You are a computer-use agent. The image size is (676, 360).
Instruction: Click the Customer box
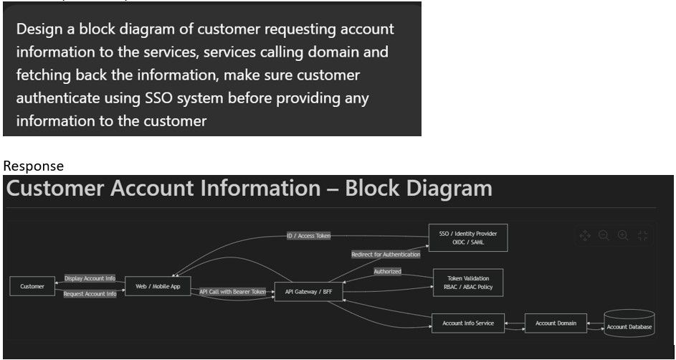pyautogui.click(x=32, y=286)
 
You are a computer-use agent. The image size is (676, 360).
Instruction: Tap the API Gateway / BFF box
pyautogui.click(x=308, y=292)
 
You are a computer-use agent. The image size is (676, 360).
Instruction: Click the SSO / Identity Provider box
pyautogui.click(x=467, y=237)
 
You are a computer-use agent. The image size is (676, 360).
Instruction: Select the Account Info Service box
pyautogui.click(x=468, y=323)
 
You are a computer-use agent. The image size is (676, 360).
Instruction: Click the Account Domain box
pyautogui.click(x=556, y=323)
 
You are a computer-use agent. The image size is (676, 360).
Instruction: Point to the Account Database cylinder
pyautogui.click(x=629, y=325)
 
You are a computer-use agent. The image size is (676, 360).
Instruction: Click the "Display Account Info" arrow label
pyautogui.click(x=90, y=278)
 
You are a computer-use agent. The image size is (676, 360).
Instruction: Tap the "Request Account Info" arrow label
pyautogui.click(x=90, y=294)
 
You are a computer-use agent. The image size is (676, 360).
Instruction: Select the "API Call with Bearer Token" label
pyautogui.click(x=232, y=292)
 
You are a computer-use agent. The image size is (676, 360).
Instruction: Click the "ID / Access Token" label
pyautogui.click(x=308, y=235)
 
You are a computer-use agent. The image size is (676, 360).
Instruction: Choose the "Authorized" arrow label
pyautogui.click(x=387, y=272)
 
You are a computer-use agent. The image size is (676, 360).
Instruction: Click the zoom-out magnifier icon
pyautogui.click(x=604, y=235)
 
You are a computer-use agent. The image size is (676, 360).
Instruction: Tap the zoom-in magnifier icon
pyautogui.click(x=623, y=235)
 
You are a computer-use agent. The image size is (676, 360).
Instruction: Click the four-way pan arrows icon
pyautogui.click(x=585, y=235)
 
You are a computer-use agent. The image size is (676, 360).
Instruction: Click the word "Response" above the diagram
pyautogui.click(x=33, y=166)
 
